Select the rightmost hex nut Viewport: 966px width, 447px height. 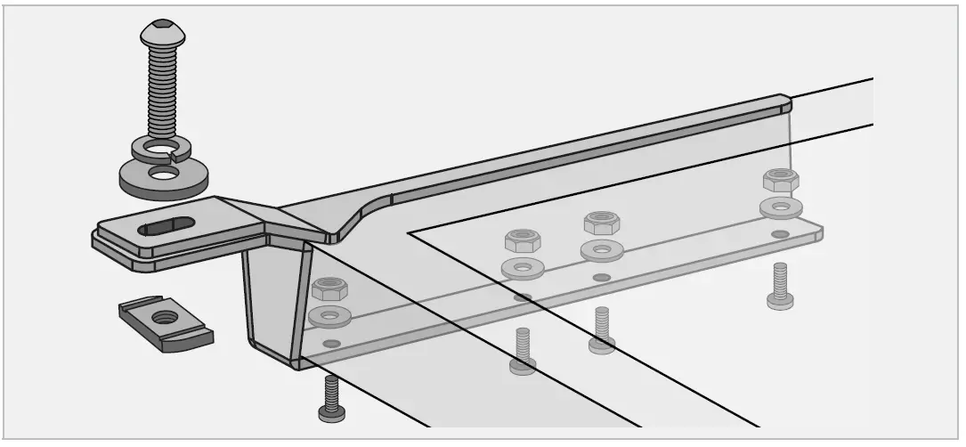coord(781,179)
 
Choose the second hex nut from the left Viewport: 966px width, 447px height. coord(523,240)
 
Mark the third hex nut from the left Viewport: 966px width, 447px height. coord(602,222)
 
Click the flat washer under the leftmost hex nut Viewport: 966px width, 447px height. coord(329,314)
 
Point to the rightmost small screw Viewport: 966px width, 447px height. coord(780,286)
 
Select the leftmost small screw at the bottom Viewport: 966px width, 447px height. coord(331,399)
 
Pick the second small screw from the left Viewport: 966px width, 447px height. coord(523,351)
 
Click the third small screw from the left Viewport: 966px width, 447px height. coord(602,330)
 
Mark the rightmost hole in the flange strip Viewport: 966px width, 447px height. coord(780,234)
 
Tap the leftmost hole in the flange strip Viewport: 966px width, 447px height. coord(331,343)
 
